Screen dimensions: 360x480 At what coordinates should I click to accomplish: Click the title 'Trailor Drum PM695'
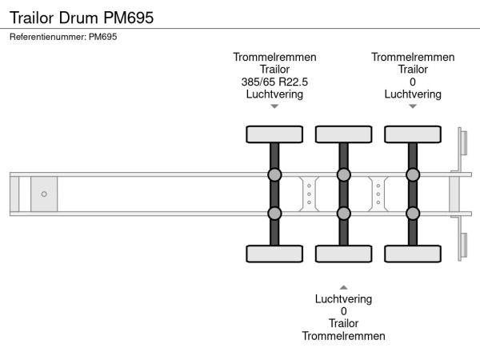point(82,17)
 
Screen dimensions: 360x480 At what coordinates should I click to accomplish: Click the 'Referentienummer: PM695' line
point(64,37)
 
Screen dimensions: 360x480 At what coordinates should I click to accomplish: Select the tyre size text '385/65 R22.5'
point(274,82)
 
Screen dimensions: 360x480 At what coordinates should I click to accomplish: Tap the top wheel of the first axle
point(274,134)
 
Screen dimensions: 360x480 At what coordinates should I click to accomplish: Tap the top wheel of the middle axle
point(343,134)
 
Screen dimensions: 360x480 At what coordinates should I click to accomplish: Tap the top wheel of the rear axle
point(413,134)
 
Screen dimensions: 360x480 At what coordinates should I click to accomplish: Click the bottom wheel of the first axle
point(274,254)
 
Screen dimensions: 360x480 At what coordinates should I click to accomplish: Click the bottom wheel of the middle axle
point(343,254)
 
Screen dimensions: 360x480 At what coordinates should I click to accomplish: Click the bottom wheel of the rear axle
point(413,254)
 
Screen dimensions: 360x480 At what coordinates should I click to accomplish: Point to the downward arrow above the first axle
point(274,106)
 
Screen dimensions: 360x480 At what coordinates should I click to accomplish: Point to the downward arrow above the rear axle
point(413,106)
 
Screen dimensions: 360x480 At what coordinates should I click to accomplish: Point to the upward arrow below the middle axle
point(343,286)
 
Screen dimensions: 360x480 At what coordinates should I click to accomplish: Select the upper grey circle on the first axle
point(274,175)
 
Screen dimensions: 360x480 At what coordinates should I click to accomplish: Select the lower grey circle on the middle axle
point(343,213)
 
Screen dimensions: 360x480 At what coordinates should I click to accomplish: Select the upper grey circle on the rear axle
point(413,175)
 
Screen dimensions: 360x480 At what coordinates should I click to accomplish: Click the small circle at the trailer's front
point(44,194)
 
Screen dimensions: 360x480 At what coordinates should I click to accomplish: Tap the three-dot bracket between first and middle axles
point(309,194)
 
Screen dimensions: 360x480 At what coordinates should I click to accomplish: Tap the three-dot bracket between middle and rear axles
point(378,194)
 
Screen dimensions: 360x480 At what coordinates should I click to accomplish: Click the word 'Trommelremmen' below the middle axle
point(343,336)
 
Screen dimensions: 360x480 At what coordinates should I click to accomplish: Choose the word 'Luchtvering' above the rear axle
point(413,94)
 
